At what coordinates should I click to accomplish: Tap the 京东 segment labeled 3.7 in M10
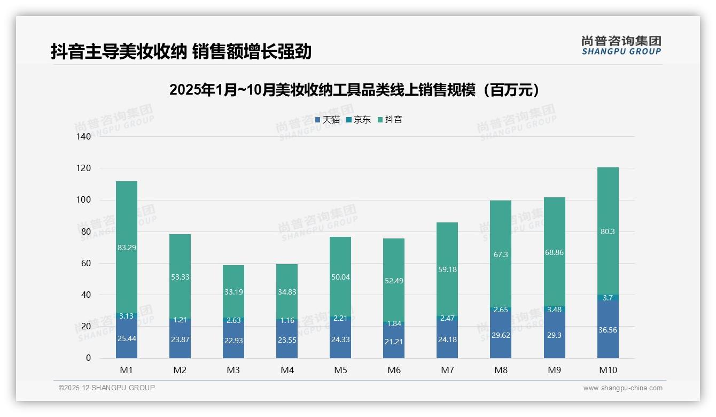tap(608, 298)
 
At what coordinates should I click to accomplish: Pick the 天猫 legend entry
tap(327, 120)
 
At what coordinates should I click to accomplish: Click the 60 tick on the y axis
tap(86, 264)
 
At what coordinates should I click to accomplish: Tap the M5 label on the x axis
tap(340, 370)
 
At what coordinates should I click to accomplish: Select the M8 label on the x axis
tap(501, 370)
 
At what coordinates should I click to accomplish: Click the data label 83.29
tap(127, 248)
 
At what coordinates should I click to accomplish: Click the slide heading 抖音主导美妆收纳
tap(181, 52)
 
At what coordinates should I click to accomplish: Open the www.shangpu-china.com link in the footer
tap(622, 388)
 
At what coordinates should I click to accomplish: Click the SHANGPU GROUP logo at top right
tap(621, 45)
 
